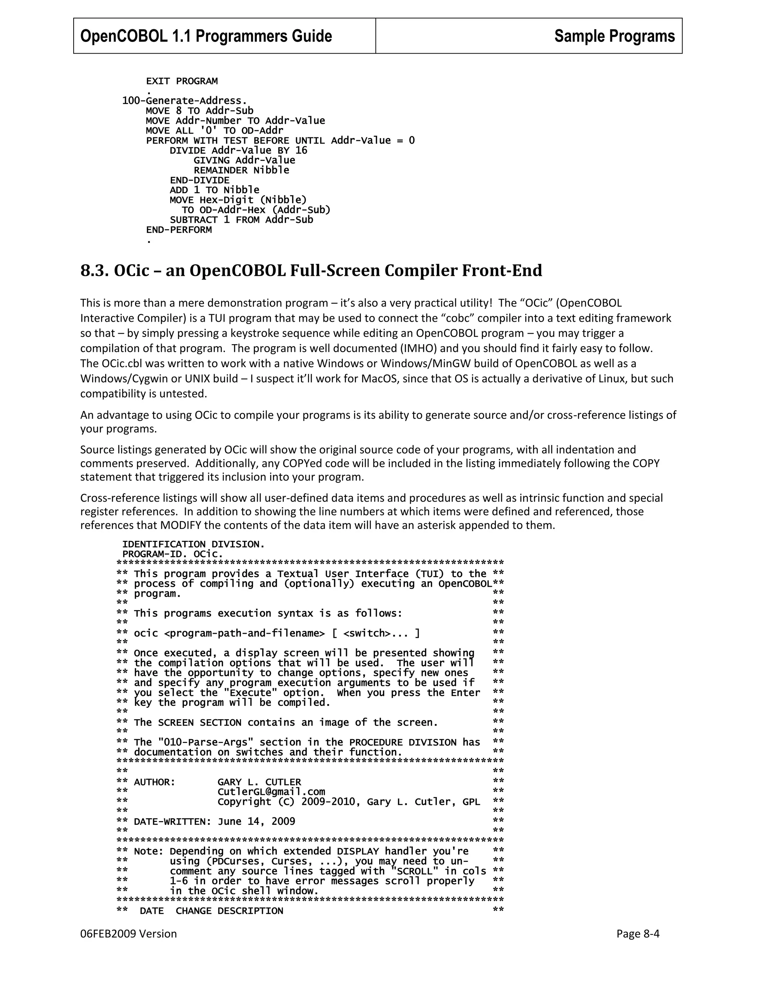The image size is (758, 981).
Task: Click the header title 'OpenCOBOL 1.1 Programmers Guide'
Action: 206,36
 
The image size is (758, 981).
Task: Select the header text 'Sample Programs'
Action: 614,36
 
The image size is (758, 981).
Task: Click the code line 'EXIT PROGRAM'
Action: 181,81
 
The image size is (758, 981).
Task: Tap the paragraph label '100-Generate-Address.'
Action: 185,101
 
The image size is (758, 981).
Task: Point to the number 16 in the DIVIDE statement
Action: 301,150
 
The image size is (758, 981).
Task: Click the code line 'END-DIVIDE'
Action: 199,180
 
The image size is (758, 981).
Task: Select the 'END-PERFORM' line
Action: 179,230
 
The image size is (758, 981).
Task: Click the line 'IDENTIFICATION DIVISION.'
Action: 194,545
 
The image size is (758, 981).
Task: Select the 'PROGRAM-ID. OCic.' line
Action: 172,554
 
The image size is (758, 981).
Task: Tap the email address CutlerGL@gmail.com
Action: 271,792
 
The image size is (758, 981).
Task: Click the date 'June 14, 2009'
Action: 256,821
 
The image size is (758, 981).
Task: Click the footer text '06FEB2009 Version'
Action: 128,934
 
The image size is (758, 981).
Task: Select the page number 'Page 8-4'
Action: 638,934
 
